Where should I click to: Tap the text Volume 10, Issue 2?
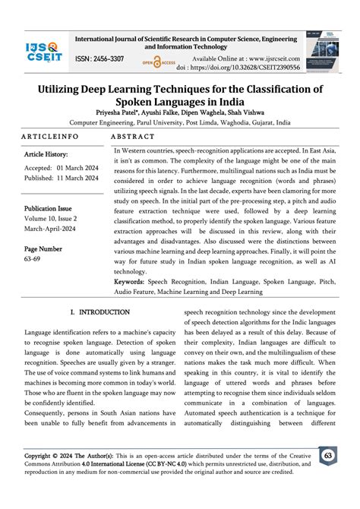58,220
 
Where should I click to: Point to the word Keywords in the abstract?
134,281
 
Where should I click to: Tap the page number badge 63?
330,476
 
